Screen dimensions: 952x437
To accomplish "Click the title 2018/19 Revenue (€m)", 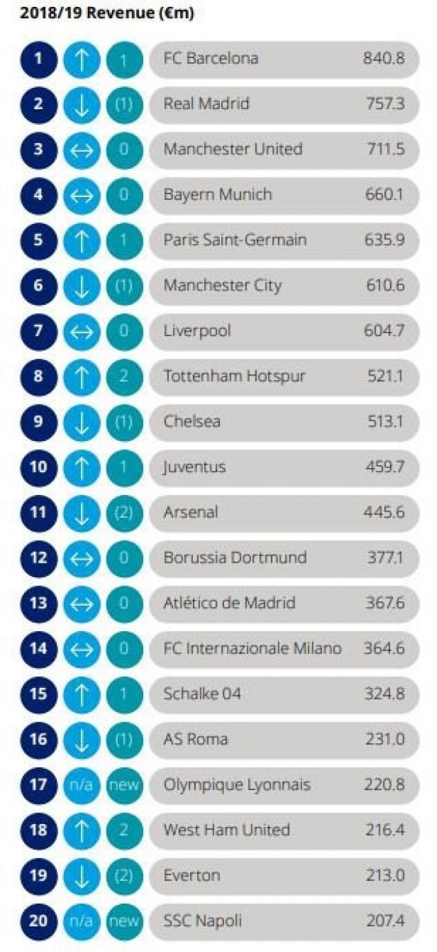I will (x=107, y=12).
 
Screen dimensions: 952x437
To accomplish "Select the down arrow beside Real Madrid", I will (x=82, y=105).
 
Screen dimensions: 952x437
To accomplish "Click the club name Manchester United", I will (x=233, y=149).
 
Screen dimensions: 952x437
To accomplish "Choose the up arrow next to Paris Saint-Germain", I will (x=82, y=241).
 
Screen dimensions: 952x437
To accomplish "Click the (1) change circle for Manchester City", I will (x=124, y=286).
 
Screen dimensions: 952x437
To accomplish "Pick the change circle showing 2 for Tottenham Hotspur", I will (x=124, y=377).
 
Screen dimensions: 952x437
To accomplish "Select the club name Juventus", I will (x=195, y=467).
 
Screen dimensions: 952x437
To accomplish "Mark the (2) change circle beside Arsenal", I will (x=124, y=513).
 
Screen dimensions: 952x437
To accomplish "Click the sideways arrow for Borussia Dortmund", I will (x=82, y=558).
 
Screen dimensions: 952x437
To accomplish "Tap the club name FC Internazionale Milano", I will (x=252, y=648).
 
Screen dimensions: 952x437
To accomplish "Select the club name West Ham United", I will (x=227, y=830).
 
